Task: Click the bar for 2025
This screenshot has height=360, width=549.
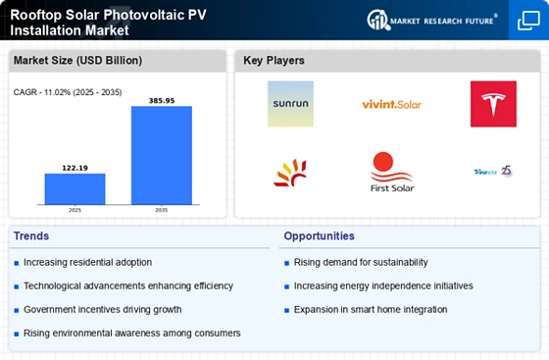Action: point(75,188)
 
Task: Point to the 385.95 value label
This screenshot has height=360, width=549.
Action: point(162,100)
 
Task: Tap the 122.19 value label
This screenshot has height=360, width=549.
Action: point(75,168)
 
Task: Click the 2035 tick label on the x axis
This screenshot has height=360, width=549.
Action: point(162,210)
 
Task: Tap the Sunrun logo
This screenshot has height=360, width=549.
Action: point(291,104)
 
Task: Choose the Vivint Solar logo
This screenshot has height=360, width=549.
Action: point(391,104)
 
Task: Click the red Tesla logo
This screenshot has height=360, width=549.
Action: point(493,104)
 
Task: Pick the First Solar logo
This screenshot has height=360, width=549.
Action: point(391,172)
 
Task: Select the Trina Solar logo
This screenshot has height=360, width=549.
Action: point(493,171)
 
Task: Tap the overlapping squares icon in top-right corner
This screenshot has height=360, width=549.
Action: point(527,21)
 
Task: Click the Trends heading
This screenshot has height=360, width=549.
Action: point(32,236)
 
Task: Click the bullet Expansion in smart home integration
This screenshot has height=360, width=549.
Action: point(371,310)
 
